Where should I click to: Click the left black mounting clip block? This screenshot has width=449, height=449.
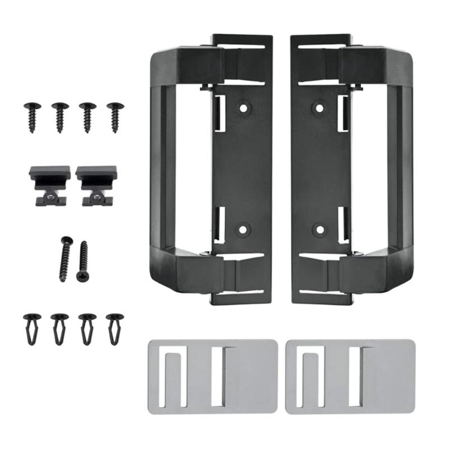pyautogui.click(x=50, y=184)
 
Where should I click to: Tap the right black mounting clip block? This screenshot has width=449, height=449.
pyautogui.click(x=96, y=184)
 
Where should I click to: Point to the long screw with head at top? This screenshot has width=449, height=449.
pyautogui.click(x=65, y=259)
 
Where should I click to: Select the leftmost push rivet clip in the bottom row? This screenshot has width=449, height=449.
pyautogui.click(x=32, y=328)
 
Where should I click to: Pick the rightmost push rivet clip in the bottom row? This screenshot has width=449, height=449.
pyautogui.click(x=115, y=328)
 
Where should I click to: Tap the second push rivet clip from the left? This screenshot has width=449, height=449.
pyautogui.click(x=59, y=328)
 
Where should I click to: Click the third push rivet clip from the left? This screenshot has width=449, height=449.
pyautogui.click(x=88, y=328)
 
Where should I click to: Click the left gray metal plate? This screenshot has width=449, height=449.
pyautogui.click(x=212, y=376)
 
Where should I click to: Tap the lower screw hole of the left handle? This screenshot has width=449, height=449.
pyautogui.click(x=243, y=229)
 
